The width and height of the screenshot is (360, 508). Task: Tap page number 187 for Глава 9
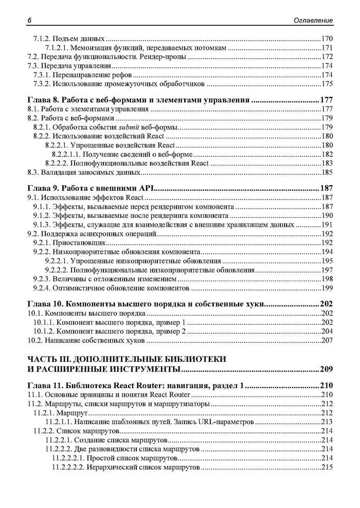[x=326, y=188]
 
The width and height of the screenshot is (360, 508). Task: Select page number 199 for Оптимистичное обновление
[x=327, y=287]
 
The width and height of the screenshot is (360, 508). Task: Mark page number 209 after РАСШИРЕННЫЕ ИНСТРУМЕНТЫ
[x=326, y=369]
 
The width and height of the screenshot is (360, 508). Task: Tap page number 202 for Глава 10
[x=326, y=303]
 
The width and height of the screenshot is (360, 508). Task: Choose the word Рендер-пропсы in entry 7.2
[x=164, y=57]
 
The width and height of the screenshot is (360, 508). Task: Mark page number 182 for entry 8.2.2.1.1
[x=327, y=154]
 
